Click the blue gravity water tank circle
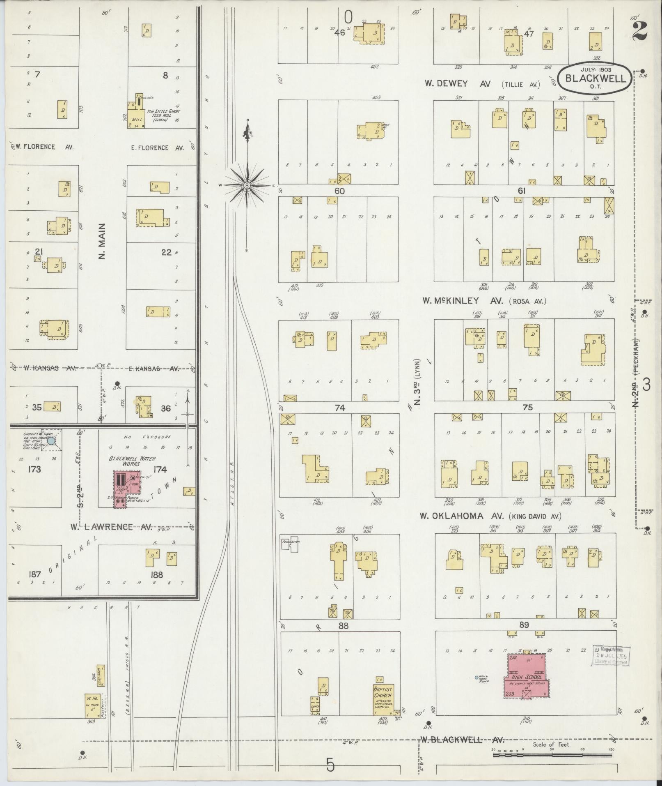coord(51,441)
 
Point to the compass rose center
coord(247,186)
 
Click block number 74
coord(340,408)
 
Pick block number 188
coord(157,574)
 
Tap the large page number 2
coord(640,31)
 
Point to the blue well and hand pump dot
coord(476,677)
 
